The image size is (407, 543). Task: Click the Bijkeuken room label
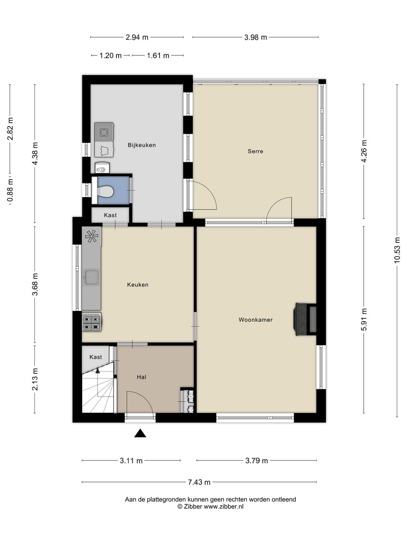141,145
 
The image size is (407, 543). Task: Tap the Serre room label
255,151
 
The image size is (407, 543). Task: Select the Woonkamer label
255,320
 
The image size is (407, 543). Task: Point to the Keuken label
138,285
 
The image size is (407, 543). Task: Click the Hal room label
141,377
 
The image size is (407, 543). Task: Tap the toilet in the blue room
105,191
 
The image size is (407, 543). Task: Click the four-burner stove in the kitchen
92,322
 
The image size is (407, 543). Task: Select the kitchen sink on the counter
92,277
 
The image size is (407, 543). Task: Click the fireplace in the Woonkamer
305,319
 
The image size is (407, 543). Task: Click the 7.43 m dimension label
199,482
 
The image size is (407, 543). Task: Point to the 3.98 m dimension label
255,37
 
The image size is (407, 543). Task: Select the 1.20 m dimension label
111,56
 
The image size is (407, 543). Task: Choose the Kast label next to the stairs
96,357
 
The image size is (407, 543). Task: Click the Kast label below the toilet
110,215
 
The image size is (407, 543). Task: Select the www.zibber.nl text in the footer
224,507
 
